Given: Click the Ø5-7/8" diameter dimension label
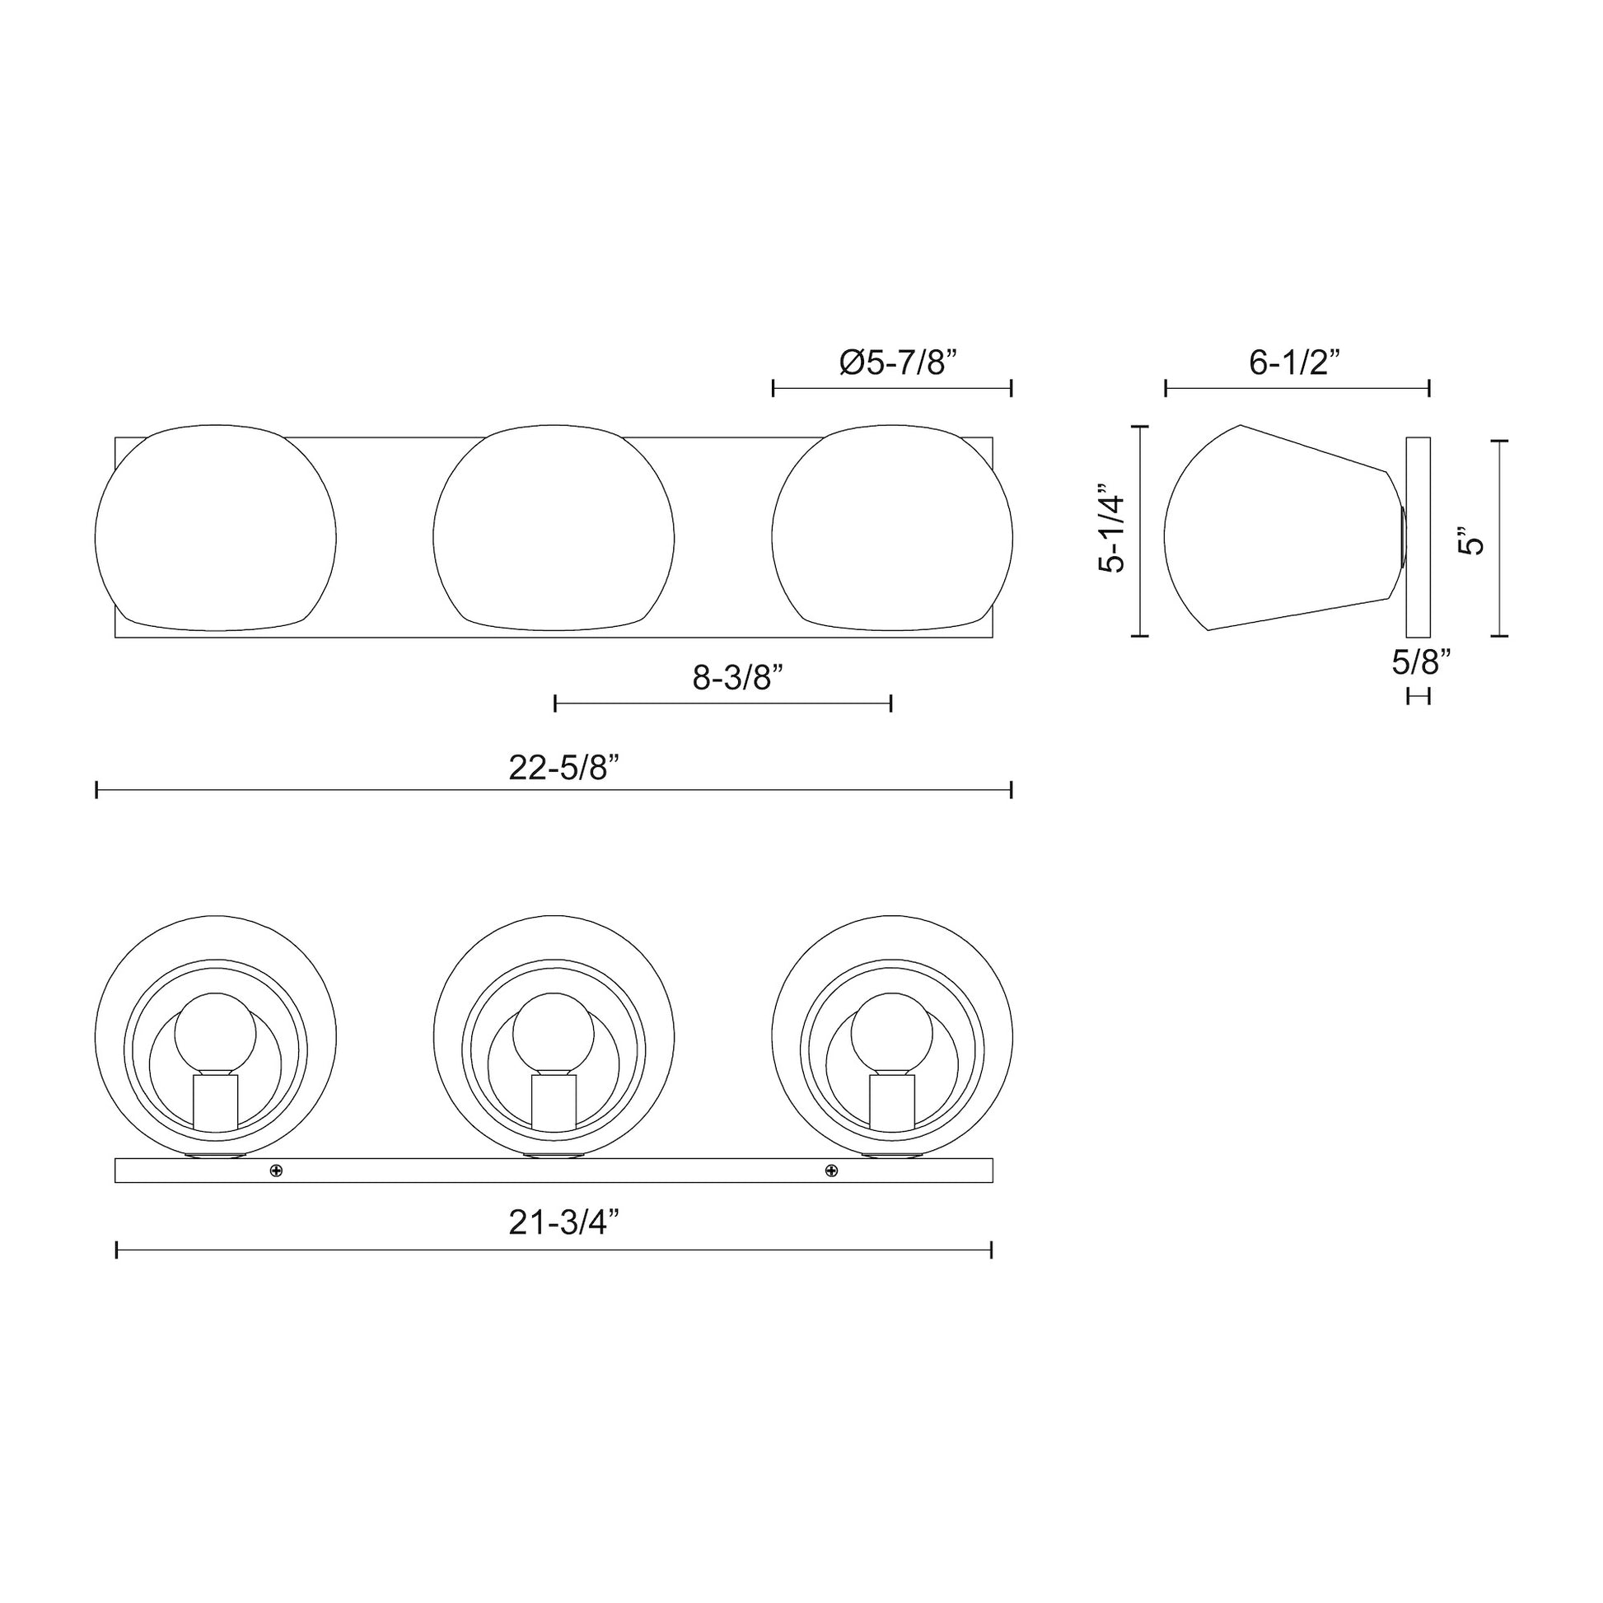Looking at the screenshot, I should (x=898, y=362).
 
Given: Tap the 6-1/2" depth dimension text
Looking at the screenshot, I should (x=1295, y=362).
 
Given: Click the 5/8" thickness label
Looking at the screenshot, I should (x=1421, y=661).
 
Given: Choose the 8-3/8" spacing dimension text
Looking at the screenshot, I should (x=738, y=678).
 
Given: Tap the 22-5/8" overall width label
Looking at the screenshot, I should (x=564, y=769).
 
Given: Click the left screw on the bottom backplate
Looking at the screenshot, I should (x=276, y=1171).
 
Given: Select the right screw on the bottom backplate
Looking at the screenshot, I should (x=831, y=1171).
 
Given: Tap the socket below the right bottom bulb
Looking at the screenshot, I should (x=892, y=1101).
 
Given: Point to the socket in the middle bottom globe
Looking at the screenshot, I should (x=554, y=1101).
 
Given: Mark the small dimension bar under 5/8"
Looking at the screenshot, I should (x=1418, y=695).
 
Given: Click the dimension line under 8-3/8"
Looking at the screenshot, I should (x=722, y=703).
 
